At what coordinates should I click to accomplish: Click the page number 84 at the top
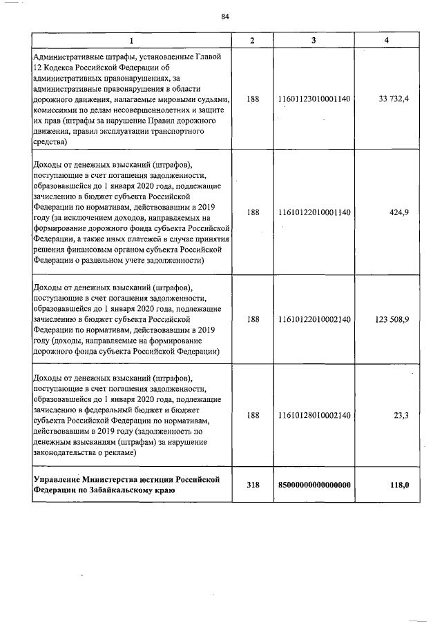pos(225,17)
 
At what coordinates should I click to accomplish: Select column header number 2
pos(252,41)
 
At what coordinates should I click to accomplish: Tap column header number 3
pos(314,41)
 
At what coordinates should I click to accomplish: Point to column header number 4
pos(387,41)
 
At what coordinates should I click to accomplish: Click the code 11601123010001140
pos(314,99)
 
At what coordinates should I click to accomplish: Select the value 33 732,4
pos(394,99)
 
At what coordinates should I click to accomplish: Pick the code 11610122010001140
pos(314,213)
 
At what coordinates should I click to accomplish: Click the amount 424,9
pos(399,213)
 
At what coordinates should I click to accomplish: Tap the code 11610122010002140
pos(314,320)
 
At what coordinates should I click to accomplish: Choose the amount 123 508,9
pos(392,320)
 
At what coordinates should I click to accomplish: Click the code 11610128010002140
pos(314,415)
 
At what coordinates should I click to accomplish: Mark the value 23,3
pos(401,415)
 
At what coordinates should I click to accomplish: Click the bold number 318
pos(253,485)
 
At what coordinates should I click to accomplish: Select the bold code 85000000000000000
pos(314,485)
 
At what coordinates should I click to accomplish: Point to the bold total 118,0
pos(399,485)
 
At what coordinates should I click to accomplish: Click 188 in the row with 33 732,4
pos(253,99)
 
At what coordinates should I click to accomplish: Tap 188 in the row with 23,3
pos(253,415)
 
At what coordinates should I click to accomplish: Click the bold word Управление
pos(57,479)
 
